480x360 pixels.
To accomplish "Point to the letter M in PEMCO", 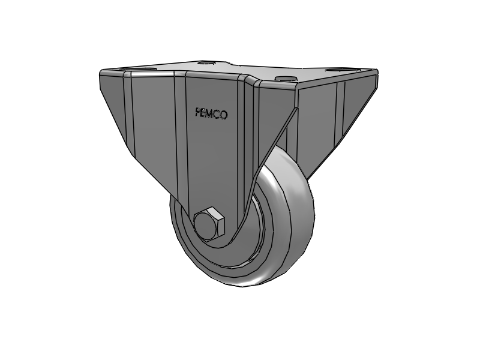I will coord(211,113).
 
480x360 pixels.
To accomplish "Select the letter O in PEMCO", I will coord(224,115).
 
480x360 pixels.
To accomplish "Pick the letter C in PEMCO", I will coord(217,114).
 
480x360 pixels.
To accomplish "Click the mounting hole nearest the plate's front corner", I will coord(283,79).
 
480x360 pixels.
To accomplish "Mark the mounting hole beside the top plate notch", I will coord(207,62).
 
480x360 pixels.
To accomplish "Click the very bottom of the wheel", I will coord(240,284).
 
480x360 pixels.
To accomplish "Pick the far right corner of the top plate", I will coord(377,71).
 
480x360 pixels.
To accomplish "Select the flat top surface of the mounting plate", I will coord(252,72).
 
